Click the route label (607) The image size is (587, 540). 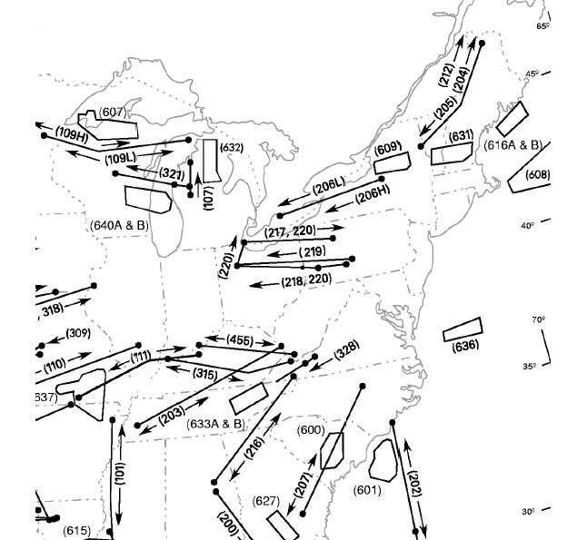tap(113, 112)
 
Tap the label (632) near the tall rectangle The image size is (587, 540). tap(232, 147)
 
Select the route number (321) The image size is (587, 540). tap(172, 173)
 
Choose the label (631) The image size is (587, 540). tap(462, 136)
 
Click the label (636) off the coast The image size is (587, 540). tap(464, 345)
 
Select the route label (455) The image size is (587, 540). tap(240, 340)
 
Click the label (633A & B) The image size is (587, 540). tap(215, 423)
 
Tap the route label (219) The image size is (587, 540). tap(312, 251)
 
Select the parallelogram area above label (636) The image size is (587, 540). tap(462, 329)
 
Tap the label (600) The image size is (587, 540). tap(311, 429)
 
